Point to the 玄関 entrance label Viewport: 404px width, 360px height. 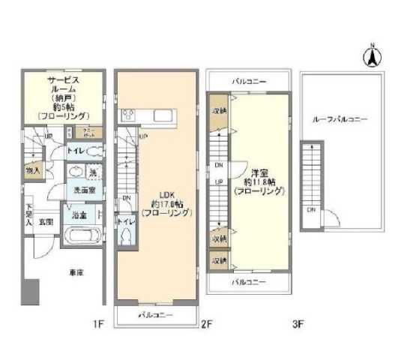tap(46, 221)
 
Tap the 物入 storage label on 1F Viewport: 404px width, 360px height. tap(34, 170)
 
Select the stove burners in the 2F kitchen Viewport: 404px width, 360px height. tap(127, 116)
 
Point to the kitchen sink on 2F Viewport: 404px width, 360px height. tap(164, 116)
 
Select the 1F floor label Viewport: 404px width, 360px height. tap(97, 324)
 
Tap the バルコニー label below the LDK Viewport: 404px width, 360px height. tap(157, 315)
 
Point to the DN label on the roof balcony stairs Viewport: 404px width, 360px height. tap(310, 210)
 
